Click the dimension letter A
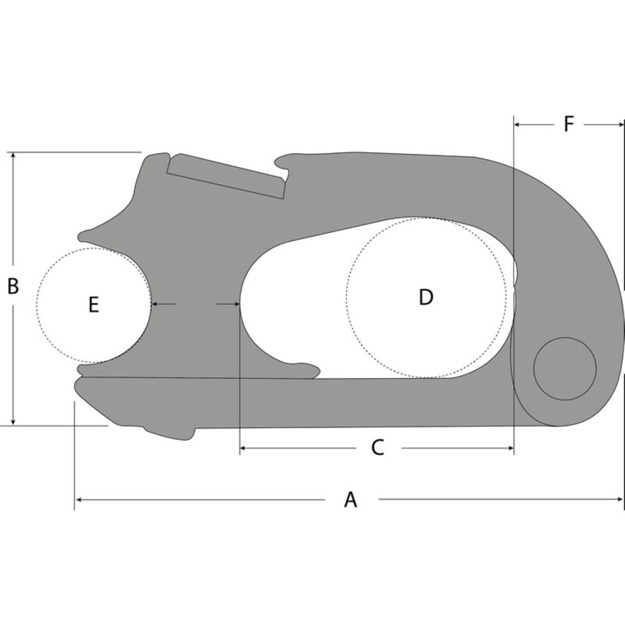350,499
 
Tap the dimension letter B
13,287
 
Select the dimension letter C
377,448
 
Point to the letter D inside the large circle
425,297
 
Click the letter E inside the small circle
94,305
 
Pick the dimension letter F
569,124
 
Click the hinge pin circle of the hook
565,369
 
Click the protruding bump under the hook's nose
169,434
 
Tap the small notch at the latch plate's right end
285,174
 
